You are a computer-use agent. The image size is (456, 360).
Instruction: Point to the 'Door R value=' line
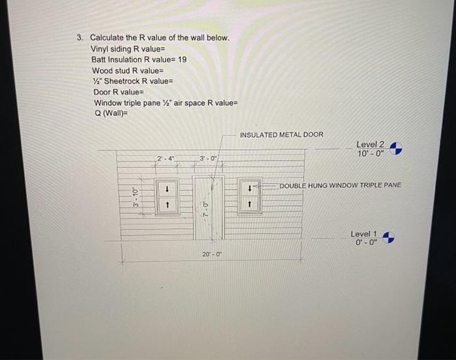pyautogui.click(x=121, y=92)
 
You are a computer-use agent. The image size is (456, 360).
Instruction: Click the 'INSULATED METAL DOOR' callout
pyautogui.click(x=281, y=135)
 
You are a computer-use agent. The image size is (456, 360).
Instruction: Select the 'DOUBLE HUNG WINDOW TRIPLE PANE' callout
pyautogui.click(x=341, y=186)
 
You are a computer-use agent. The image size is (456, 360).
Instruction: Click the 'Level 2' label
pyautogui.click(x=370, y=145)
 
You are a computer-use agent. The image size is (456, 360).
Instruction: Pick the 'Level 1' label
pyautogui.click(x=363, y=234)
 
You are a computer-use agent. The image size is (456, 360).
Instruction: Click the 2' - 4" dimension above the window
pyautogui.click(x=166, y=158)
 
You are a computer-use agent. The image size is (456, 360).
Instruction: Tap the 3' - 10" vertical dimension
pyautogui.click(x=135, y=195)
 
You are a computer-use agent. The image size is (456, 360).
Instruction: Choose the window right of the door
pyautogui.click(x=249, y=195)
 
